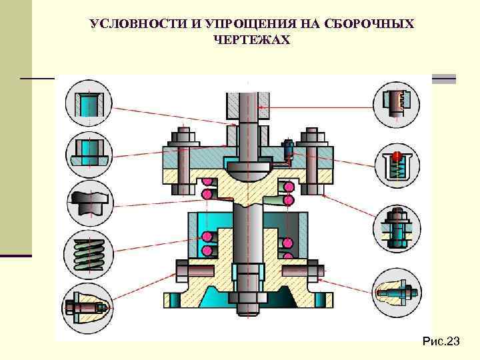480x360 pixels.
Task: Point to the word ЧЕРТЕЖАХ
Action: click(x=251, y=41)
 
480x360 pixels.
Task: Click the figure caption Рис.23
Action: click(x=441, y=342)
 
